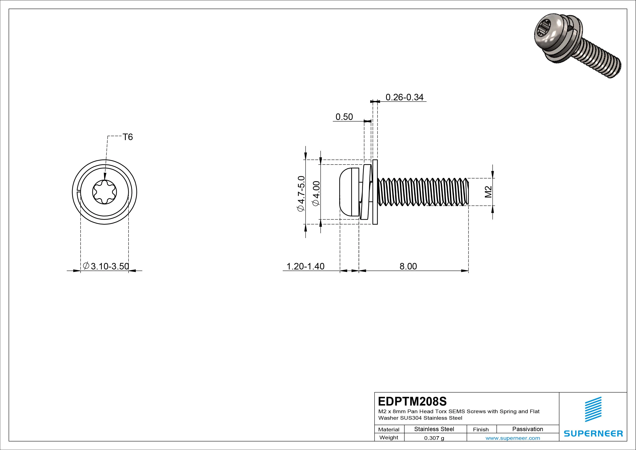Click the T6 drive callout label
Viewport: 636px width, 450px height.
tap(128, 137)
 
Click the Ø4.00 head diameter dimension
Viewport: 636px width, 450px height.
tap(316, 194)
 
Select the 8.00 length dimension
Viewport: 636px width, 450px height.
tap(408, 266)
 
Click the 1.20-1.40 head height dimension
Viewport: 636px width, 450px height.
tap(305, 266)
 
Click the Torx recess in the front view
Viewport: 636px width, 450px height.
tap(104, 192)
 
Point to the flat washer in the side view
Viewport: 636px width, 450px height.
tap(375, 192)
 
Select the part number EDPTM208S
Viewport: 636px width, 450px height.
tap(412, 401)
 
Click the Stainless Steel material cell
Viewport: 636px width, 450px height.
tap(434, 429)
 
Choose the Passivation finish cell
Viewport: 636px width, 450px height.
tap(527, 429)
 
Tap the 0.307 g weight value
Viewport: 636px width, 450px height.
tap(434, 438)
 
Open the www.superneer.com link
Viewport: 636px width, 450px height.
tap(513, 438)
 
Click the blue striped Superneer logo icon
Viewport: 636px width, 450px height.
tap(593, 409)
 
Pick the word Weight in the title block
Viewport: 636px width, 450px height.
tap(389, 437)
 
